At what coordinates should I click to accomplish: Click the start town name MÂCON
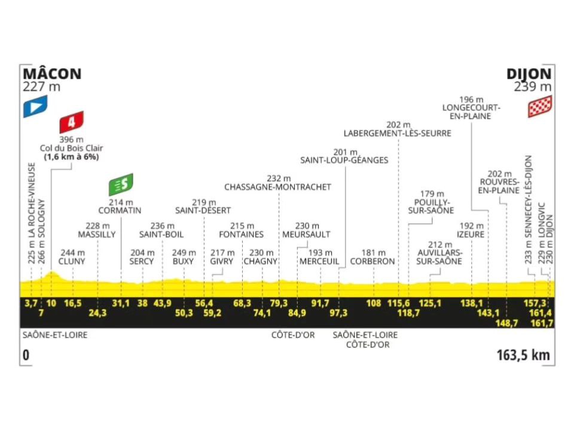point(51,74)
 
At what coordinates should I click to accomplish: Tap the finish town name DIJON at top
point(529,74)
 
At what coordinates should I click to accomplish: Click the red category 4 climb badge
point(71,123)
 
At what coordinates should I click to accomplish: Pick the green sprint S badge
point(120,185)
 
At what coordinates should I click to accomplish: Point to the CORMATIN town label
point(120,210)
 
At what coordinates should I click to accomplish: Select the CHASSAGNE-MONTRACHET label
point(277,187)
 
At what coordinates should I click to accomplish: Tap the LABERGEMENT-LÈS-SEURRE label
point(397,133)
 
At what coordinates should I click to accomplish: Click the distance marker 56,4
point(203,303)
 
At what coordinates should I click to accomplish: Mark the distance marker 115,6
point(398,303)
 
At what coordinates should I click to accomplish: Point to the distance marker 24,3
point(98,314)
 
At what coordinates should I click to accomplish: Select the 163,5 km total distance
point(523,355)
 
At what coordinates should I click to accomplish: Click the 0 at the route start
point(25,355)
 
